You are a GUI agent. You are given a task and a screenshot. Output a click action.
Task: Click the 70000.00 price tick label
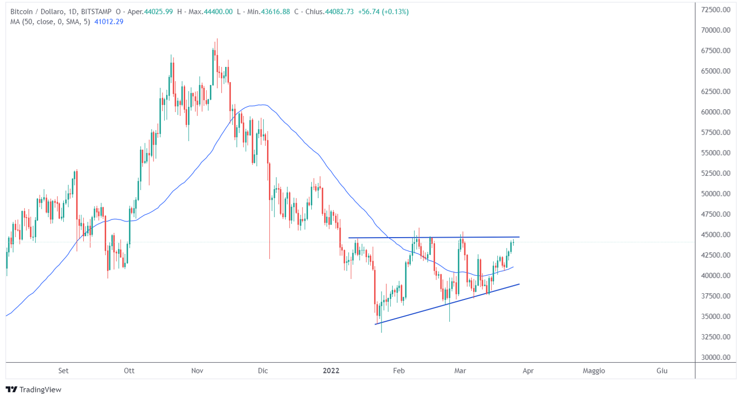pyautogui.click(x=716, y=30)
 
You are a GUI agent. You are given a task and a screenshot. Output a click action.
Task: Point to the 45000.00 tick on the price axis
pyautogui.click(x=716, y=235)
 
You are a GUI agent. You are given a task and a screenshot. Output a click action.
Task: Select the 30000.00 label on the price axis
pyautogui.click(x=716, y=357)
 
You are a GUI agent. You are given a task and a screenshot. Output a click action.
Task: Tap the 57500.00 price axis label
pyautogui.click(x=716, y=132)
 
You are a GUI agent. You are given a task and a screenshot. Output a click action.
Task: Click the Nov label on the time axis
pyautogui.click(x=197, y=371)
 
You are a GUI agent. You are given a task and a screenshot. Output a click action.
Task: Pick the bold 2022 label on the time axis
pyautogui.click(x=331, y=371)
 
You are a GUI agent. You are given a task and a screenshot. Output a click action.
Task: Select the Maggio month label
pyautogui.click(x=594, y=371)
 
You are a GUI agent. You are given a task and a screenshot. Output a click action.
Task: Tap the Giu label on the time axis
pyautogui.click(x=662, y=371)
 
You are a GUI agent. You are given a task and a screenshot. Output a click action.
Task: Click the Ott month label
pyautogui.click(x=129, y=371)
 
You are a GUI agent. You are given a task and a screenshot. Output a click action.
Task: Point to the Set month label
pyautogui.click(x=63, y=371)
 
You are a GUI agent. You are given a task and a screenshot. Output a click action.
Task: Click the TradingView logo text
pyautogui.click(x=40, y=390)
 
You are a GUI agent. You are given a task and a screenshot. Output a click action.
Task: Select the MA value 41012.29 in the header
pyautogui.click(x=109, y=22)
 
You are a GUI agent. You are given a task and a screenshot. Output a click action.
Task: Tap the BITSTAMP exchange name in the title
pyautogui.click(x=96, y=12)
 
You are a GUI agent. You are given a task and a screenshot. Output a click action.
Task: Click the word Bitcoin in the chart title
pyautogui.click(x=21, y=12)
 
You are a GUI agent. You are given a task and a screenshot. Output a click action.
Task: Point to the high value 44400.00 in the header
pyautogui.click(x=218, y=12)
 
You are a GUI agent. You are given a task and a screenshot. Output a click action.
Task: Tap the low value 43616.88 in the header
pyautogui.click(x=275, y=12)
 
